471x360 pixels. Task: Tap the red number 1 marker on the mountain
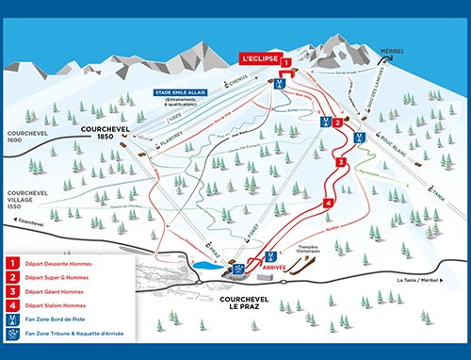[285, 63]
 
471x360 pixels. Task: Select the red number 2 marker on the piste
[336, 122]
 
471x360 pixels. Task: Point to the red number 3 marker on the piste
[341, 162]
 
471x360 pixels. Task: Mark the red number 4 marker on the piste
[328, 203]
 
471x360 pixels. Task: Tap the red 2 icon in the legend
[14, 277]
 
